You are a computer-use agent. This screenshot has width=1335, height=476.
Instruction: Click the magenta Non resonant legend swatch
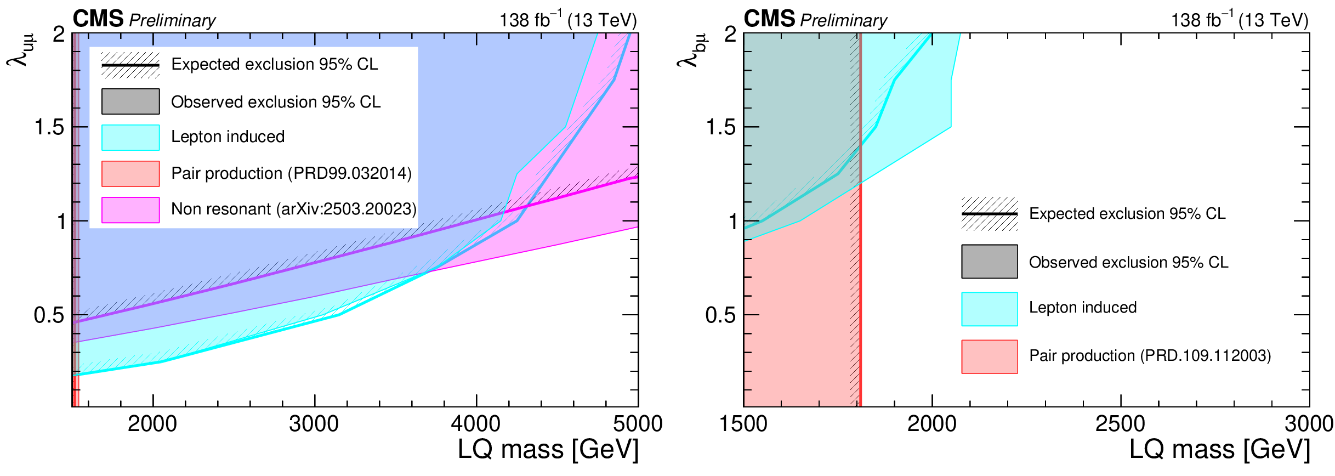(x=130, y=210)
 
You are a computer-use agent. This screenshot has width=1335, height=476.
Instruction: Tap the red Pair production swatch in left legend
(x=130, y=174)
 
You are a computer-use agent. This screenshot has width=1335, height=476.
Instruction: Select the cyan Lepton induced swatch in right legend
(x=989, y=309)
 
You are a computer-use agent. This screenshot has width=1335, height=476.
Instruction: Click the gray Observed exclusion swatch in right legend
(x=989, y=262)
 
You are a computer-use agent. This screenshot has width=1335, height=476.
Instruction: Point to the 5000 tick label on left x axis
(x=638, y=424)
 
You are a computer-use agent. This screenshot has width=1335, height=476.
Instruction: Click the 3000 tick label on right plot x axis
(x=1309, y=424)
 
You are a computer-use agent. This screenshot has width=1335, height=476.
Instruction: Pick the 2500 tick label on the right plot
(x=1120, y=424)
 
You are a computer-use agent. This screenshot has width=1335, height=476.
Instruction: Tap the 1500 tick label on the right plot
(x=743, y=424)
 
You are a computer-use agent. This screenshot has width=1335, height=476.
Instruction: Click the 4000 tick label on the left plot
(x=476, y=424)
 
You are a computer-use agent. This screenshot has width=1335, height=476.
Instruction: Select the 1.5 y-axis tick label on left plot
(x=49, y=127)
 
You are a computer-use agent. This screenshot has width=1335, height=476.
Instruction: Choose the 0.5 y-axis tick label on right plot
(x=720, y=315)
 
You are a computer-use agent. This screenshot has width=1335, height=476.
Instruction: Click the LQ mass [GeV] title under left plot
(x=548, y=450)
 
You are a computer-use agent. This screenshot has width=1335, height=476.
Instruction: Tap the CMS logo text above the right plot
(x=769, y=19)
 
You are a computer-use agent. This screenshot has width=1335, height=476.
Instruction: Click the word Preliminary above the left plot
(x=172, y=21)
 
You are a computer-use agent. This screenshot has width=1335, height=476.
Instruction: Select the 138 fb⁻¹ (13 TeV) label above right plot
(x=1239, y=20)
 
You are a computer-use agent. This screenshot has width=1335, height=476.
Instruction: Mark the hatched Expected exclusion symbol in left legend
(x=130, y=65)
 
